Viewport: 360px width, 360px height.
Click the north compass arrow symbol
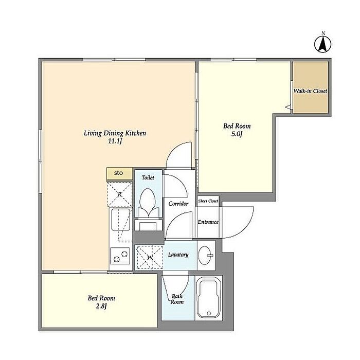pyautogui.click(x=322, y=44)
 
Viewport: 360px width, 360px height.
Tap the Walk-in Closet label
pyautogui.click(x=310, y=91)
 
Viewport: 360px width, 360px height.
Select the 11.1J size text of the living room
pyautogui.click(x=115, y=141)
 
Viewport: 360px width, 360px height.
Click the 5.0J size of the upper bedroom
pyautogui.click(x=237, y=134)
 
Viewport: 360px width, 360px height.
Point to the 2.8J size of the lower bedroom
pyautogui.click(x=101, y=306)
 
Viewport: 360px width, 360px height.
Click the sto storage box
pyautogui.click(x=119, y=174)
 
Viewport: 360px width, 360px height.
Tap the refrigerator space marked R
pyautogui.click(x=120, y=194)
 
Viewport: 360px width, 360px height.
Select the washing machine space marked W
pyautogui.click(x=149, y=257)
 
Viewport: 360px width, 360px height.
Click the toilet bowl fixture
pyautogui.click(x=148, y=203)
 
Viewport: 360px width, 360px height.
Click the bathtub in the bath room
pyautogui.click(x=209, y=298)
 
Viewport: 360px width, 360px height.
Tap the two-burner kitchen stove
pyautogui.click(x=120, y=256)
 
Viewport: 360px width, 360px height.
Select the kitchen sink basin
pyautogui.click(x=121, y=219)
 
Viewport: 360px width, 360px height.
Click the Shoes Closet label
pyautogui.click(x=208, y=201)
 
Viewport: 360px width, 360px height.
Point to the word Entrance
pyautogui.click(x=208, y=222)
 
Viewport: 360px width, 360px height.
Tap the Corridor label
pyautogui.click(x=178, y=204)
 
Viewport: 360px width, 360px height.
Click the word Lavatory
pyautogui.click(x=178, y=255)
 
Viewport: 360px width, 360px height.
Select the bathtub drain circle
pyautogui.click(x=209, y=313)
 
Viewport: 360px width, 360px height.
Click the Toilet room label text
pyautogui.click(x=148, y=177)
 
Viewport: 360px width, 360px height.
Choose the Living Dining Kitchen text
pyautogui.click(x=115, y=133)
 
